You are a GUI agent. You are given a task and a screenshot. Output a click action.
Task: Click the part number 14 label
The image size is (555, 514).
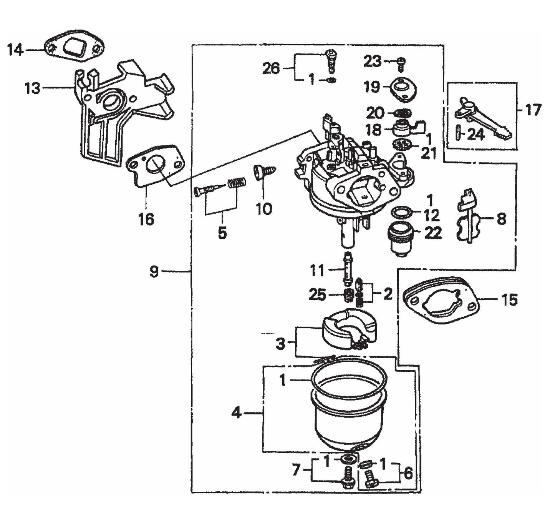[x=15, y=50]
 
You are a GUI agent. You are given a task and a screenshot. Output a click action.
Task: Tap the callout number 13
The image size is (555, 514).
[x=32, y=88]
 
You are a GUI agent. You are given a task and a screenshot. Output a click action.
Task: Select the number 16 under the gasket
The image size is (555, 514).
[x=146, y=220]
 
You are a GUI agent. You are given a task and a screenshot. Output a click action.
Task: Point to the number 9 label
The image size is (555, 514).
[x=154, y=272]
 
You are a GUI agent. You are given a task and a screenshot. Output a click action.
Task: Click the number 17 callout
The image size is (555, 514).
[x=533, y=110]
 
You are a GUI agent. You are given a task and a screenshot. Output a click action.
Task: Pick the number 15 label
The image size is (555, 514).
[x=510, y=299]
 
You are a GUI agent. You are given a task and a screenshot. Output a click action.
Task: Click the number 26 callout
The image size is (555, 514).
[x=271, y=68]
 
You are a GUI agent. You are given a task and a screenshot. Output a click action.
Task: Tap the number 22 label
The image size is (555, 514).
[x=433, y=233]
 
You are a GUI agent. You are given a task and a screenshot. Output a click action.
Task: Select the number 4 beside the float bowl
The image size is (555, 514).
[x=237, y=413]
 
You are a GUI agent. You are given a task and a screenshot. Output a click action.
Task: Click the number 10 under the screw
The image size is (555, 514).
[x=264, y=209]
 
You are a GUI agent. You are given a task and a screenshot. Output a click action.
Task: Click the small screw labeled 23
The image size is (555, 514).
[x=401, y=63]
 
